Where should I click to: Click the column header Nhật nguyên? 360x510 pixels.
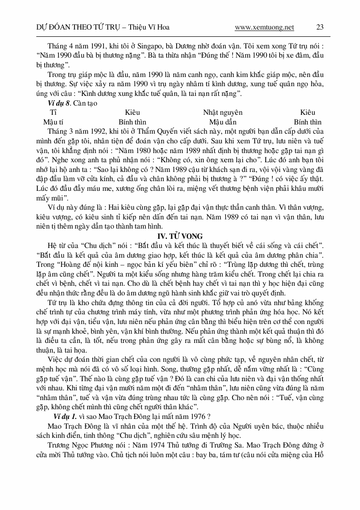(x=223, y=112)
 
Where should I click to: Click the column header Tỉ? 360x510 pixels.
(x=53, y=112)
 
